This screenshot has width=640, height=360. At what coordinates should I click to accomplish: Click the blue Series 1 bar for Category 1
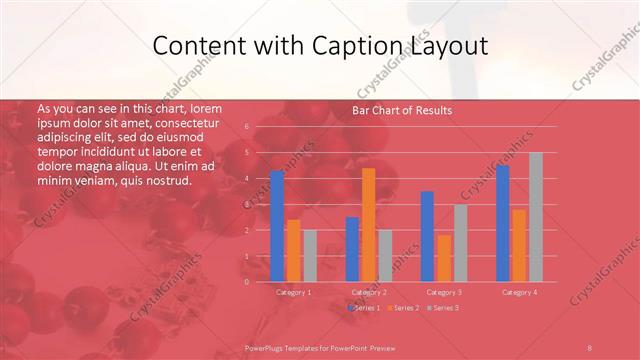(x=277, y=226)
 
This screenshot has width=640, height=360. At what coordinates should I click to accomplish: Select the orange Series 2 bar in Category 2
(x=369, y=225)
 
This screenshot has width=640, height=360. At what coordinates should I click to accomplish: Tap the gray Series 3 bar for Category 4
(x=536, y=217)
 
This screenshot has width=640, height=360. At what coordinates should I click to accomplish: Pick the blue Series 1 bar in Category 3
(x=427, y=236)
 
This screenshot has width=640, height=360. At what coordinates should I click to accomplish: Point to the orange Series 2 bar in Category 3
(x=444, y=258)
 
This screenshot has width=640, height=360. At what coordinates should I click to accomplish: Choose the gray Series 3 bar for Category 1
(x=310, y=256)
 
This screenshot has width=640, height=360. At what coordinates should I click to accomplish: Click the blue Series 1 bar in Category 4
(x=503, y=223)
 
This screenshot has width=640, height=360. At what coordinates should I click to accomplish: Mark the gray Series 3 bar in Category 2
(x=386, y=256)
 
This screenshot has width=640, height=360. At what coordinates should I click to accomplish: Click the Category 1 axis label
(x=293, y=292)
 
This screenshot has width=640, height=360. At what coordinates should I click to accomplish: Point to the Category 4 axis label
(x=519, y=292)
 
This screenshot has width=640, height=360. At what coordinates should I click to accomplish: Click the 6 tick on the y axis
(x=246, y=127)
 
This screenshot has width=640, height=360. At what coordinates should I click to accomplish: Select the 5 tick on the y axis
(x=246, y=153)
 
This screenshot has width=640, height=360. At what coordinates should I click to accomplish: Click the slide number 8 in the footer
(x=589, y=347)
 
